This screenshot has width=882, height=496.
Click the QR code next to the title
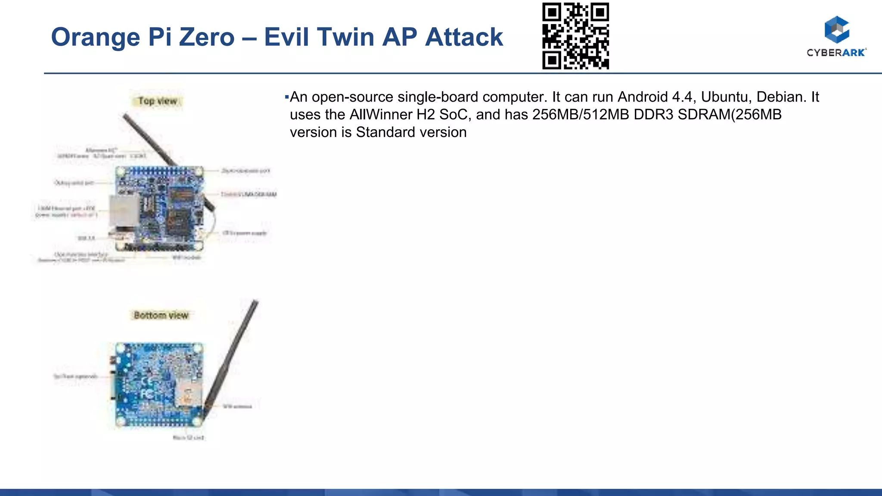coord(575,36)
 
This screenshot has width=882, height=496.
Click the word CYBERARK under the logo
coord(836,53)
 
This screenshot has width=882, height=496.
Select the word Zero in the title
coord(207,37)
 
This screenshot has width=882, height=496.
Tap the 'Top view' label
coord(158,101)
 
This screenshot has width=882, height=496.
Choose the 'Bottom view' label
coord(161,315)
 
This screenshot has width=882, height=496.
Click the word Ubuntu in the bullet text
coord(724,97)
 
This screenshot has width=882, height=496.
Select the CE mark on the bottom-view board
coord(146,381)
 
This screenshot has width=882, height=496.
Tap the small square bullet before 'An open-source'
coord(287,97)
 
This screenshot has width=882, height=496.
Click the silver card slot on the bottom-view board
coord(188,392)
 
